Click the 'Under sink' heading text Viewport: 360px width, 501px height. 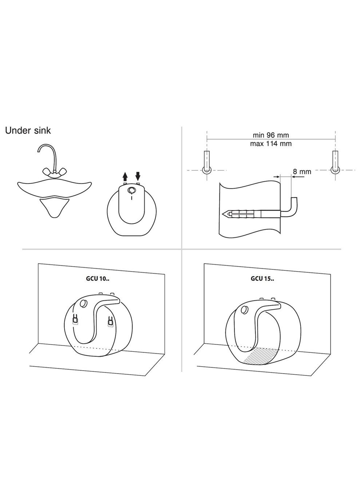[28, 130]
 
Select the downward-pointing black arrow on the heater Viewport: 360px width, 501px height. [138, 176]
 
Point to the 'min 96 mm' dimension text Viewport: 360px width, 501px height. [271, 135]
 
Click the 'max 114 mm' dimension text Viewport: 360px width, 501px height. [271, 143]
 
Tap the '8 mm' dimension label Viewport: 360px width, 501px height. [302, 171]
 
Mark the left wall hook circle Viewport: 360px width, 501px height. [207, 170]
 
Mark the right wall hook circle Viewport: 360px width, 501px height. [335, 170]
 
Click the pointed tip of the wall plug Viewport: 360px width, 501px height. [223, 214]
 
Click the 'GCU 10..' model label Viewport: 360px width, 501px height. [98, 279]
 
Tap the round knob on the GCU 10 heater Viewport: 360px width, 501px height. [84, 304]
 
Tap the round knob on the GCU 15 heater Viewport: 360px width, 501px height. [245, 309]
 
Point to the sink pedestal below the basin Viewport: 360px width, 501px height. [54, 207]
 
